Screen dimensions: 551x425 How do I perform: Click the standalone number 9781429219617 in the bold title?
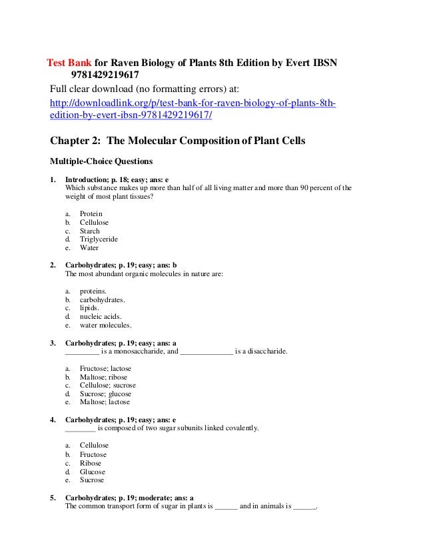[102, 75]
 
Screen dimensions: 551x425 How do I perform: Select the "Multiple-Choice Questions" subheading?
[102, 161]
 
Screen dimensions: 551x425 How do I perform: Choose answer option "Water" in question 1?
[89, 247]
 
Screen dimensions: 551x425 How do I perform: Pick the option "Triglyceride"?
[99, 239]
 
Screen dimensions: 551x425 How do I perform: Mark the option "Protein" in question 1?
[92, 213]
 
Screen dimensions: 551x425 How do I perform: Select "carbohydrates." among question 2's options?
[103, 300]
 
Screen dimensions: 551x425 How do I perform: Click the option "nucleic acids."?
[101, 317]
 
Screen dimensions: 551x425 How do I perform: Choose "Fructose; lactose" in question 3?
[105, 368]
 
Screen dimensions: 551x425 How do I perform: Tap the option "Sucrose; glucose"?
[105, 394]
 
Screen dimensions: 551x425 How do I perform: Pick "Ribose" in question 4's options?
[91, 463]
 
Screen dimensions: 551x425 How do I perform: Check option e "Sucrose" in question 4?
[92, 480]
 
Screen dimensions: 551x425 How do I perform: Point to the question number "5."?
[53, 498]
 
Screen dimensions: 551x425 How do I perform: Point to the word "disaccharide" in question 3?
[265, 350]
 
